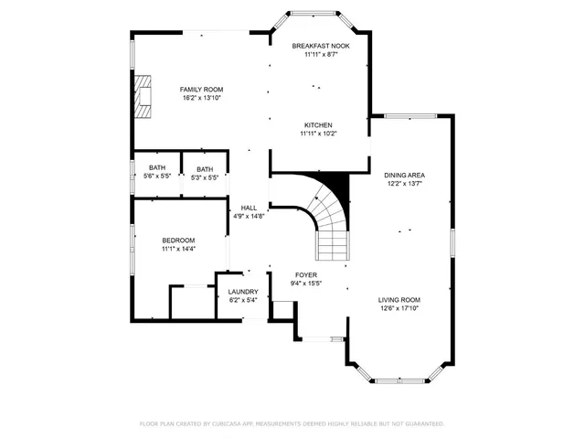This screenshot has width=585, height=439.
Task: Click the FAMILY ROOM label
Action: point(201,89)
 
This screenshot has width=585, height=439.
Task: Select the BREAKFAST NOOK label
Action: point(320,46)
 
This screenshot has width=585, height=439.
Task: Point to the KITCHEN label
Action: point(318,125)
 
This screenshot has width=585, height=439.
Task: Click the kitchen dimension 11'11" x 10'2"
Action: point(318,134)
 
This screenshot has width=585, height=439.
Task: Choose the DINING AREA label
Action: point(404,175)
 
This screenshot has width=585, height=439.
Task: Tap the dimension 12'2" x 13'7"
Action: point(404,183)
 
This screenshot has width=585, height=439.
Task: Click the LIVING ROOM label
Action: point(399,299)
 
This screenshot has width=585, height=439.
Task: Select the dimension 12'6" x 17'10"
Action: point(399,308)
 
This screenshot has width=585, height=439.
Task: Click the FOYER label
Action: point(306,274)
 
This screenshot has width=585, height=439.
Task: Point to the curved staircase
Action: point(329,224)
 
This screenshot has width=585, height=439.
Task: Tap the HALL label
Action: point(248,208)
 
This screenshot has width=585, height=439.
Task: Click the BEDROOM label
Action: point(179,240)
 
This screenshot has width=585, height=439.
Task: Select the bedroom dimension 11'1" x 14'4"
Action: point(179,248)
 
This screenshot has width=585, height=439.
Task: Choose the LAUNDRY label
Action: point(243,292)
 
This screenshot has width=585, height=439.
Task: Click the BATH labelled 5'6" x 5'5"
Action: point(157,167)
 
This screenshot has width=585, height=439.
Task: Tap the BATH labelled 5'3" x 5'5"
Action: point(205,168)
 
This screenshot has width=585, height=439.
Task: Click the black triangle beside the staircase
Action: point(341,186)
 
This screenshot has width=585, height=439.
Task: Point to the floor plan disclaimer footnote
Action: point(292,423)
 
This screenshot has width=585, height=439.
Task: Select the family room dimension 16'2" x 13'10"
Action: point(201,98)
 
